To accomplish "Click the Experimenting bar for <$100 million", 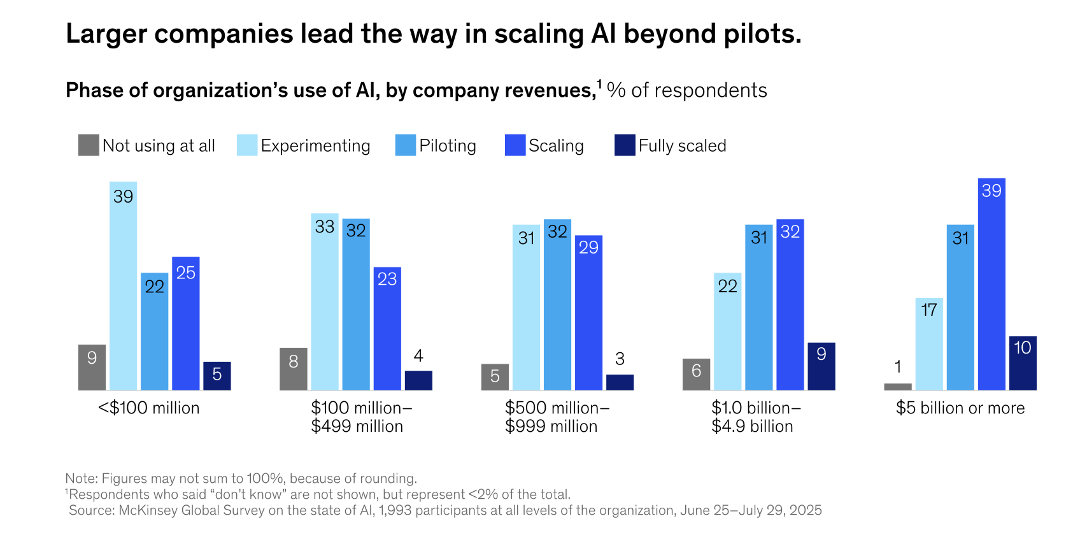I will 123,287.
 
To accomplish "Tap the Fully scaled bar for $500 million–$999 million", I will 620,382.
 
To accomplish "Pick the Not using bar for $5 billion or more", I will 898,387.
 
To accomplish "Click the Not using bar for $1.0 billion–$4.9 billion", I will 696,375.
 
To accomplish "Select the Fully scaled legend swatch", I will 625,145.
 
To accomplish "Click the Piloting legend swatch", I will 406,145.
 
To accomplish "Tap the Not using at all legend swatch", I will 89,145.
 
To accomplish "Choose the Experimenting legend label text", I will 315,146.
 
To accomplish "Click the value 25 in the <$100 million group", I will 186,273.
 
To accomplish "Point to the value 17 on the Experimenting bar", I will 929,310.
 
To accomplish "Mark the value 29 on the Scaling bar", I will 588,247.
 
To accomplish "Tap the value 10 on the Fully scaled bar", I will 1023,348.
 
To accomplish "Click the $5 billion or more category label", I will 960,408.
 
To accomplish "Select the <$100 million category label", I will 149,408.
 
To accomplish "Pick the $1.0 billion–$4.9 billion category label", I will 756,417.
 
